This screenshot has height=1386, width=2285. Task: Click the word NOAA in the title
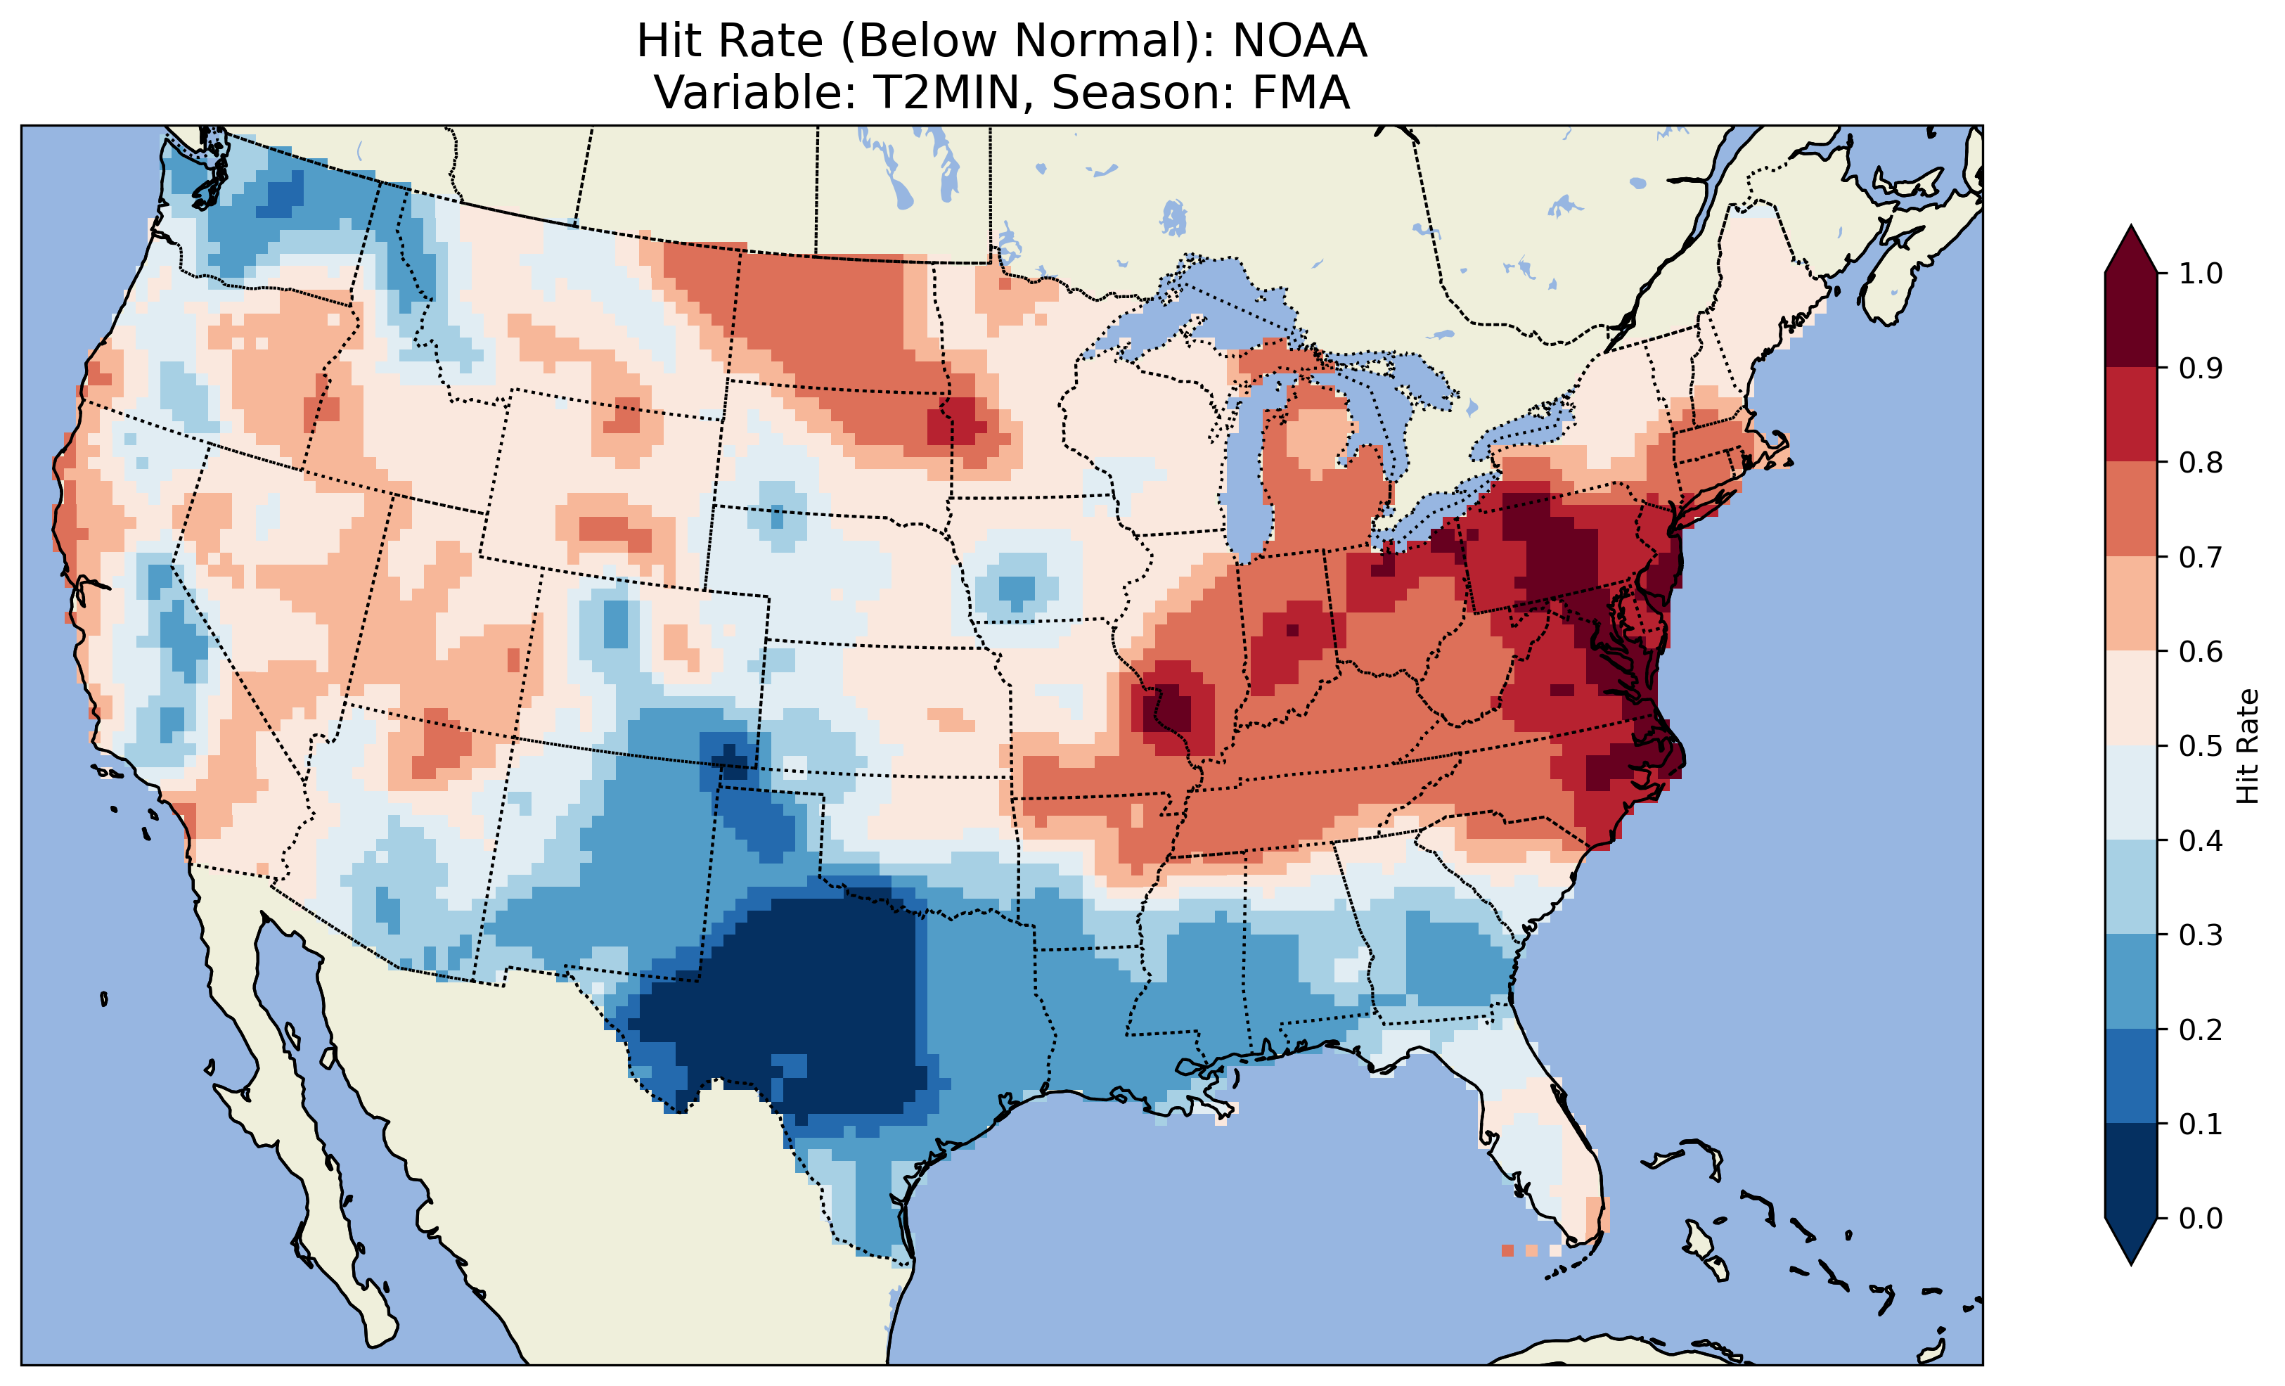tap(1299, 41)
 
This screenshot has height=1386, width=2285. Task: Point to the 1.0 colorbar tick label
tap(2201, 274)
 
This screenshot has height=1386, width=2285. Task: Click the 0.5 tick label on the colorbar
tap(2201, 746)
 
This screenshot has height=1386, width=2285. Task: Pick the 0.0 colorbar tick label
tap(2201, 1218)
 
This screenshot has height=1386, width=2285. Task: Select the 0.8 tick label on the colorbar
tap(2201, 462)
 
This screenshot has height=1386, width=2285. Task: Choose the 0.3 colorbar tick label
tap(2201, 935)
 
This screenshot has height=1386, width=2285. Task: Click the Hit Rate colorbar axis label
tap(2246, 747)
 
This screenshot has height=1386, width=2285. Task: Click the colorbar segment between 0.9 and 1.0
tap(2131, 320)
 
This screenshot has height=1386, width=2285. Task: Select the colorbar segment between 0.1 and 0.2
tap(2131, 1076)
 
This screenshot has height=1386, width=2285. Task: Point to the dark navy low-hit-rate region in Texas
tap(816, 1002)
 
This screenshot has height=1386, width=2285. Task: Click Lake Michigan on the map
tap(1247, 464)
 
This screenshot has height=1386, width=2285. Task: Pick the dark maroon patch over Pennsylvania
tap(1558, 557)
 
